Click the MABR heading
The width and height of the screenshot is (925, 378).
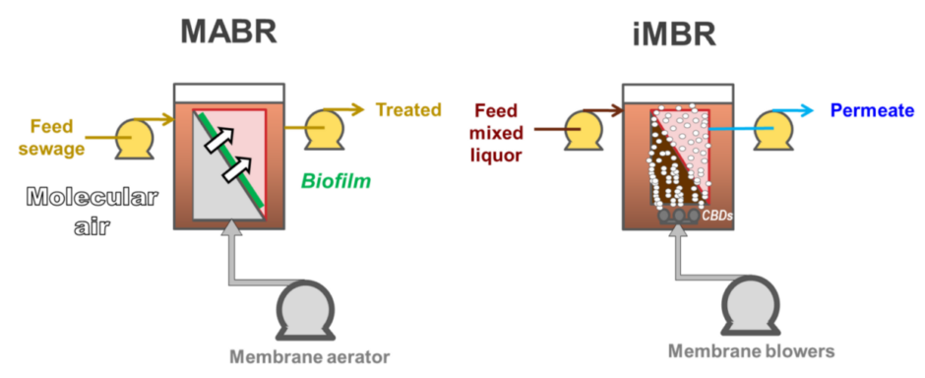[229, 31]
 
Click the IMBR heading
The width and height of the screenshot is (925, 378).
[674, 35]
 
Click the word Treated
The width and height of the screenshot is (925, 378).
[408, 109]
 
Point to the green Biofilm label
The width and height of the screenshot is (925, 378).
[336, 181]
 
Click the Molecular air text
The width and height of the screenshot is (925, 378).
[92, 210]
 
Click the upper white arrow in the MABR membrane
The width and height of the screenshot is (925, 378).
[219, 139]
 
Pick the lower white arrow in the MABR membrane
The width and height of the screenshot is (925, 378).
[236, 170]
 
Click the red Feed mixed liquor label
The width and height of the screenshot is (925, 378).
[499, 131]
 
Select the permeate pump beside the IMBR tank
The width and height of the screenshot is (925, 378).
[771, 130]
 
